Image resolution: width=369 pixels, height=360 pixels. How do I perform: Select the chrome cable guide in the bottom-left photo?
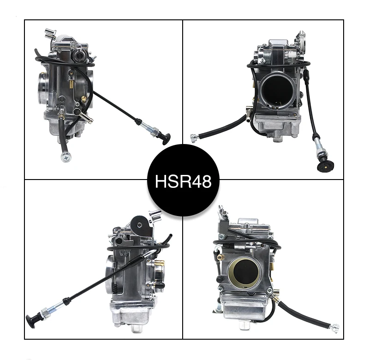click(155, 215)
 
